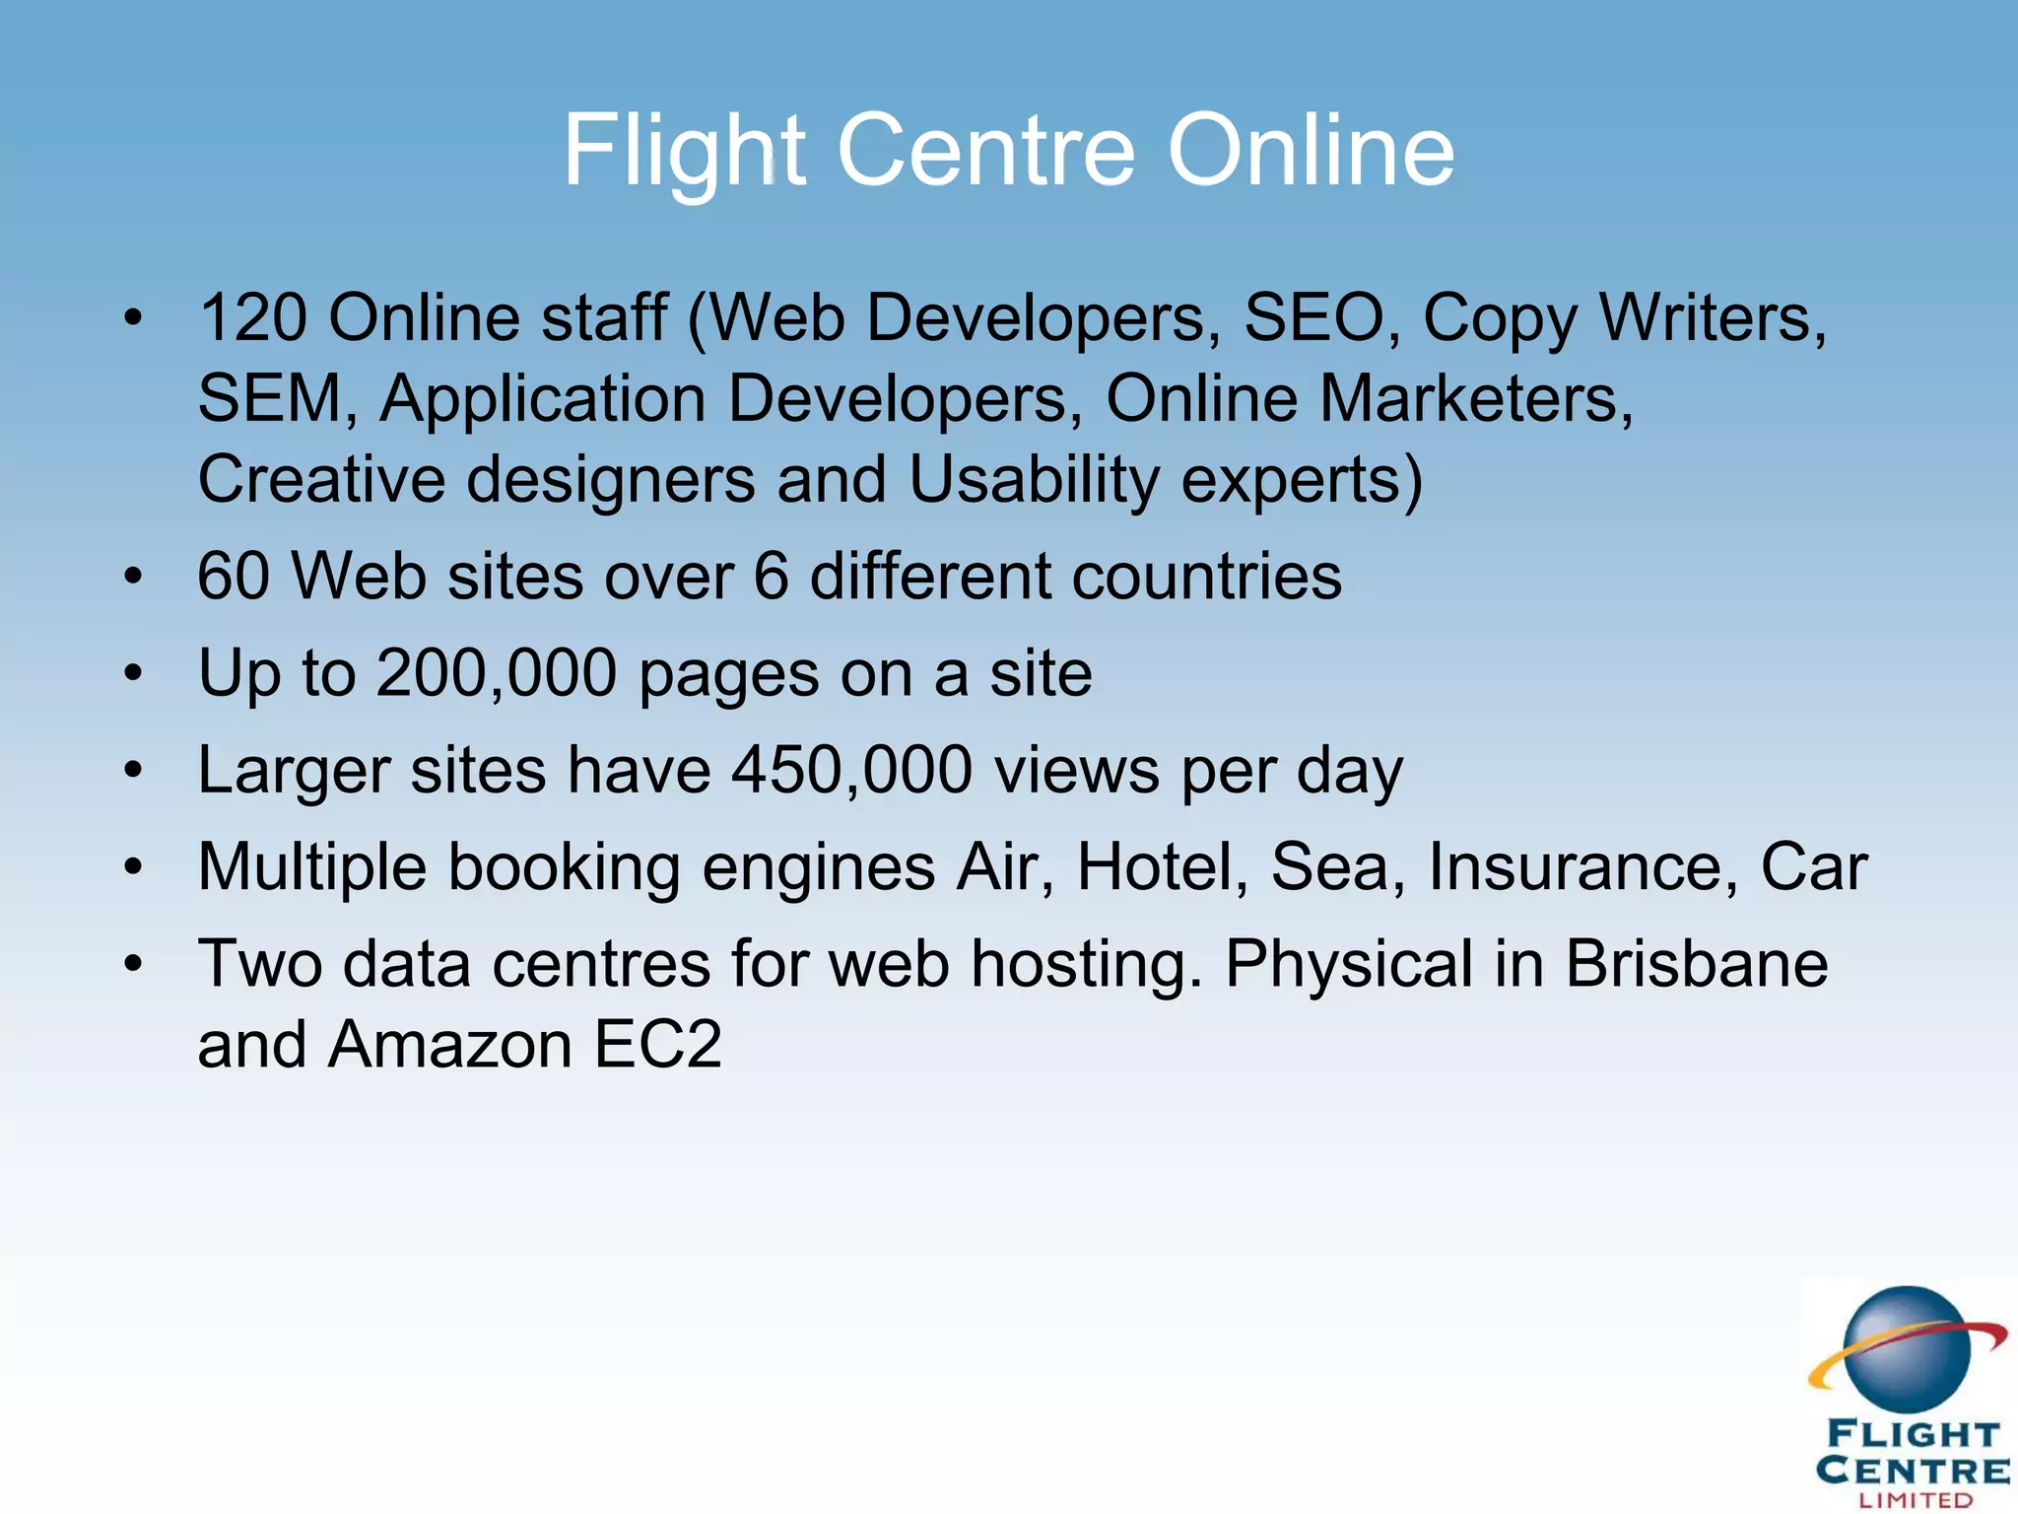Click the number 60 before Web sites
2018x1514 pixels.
pos(234,576)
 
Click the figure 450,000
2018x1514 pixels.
pos(851,770)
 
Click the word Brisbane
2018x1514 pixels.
pos(1696,963)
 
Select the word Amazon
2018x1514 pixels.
pos(449,1045)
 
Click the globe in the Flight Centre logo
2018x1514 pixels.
pos(1907,1349)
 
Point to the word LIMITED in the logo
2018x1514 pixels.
pos(1916,1500)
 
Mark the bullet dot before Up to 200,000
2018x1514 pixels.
pos(134,674)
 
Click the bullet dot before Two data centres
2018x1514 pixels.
pos(134,964)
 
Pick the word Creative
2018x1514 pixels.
pos(321,480)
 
